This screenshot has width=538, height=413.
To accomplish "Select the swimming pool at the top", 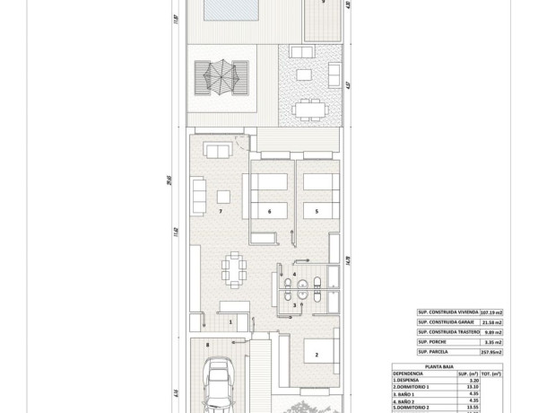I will pyautogui.click(x=231, y=10).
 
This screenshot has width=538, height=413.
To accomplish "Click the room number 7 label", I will pyautogui.click(x=220, y=212).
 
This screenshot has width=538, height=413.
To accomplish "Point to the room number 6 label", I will pyautogui.click(x=269, y=212).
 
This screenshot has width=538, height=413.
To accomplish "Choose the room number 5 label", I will pyautogui.click(x=316, y=212).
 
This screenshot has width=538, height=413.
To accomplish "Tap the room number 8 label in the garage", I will pyautogui.click(x=207, y=344).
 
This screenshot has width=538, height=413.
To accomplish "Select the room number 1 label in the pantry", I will pyautogui.click(x=230, y=321).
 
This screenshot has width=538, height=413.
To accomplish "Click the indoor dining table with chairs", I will pyautogui.click(x=236, y=268).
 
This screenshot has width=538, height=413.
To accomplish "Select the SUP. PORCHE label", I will pyautogui.click(x=435, y=342).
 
